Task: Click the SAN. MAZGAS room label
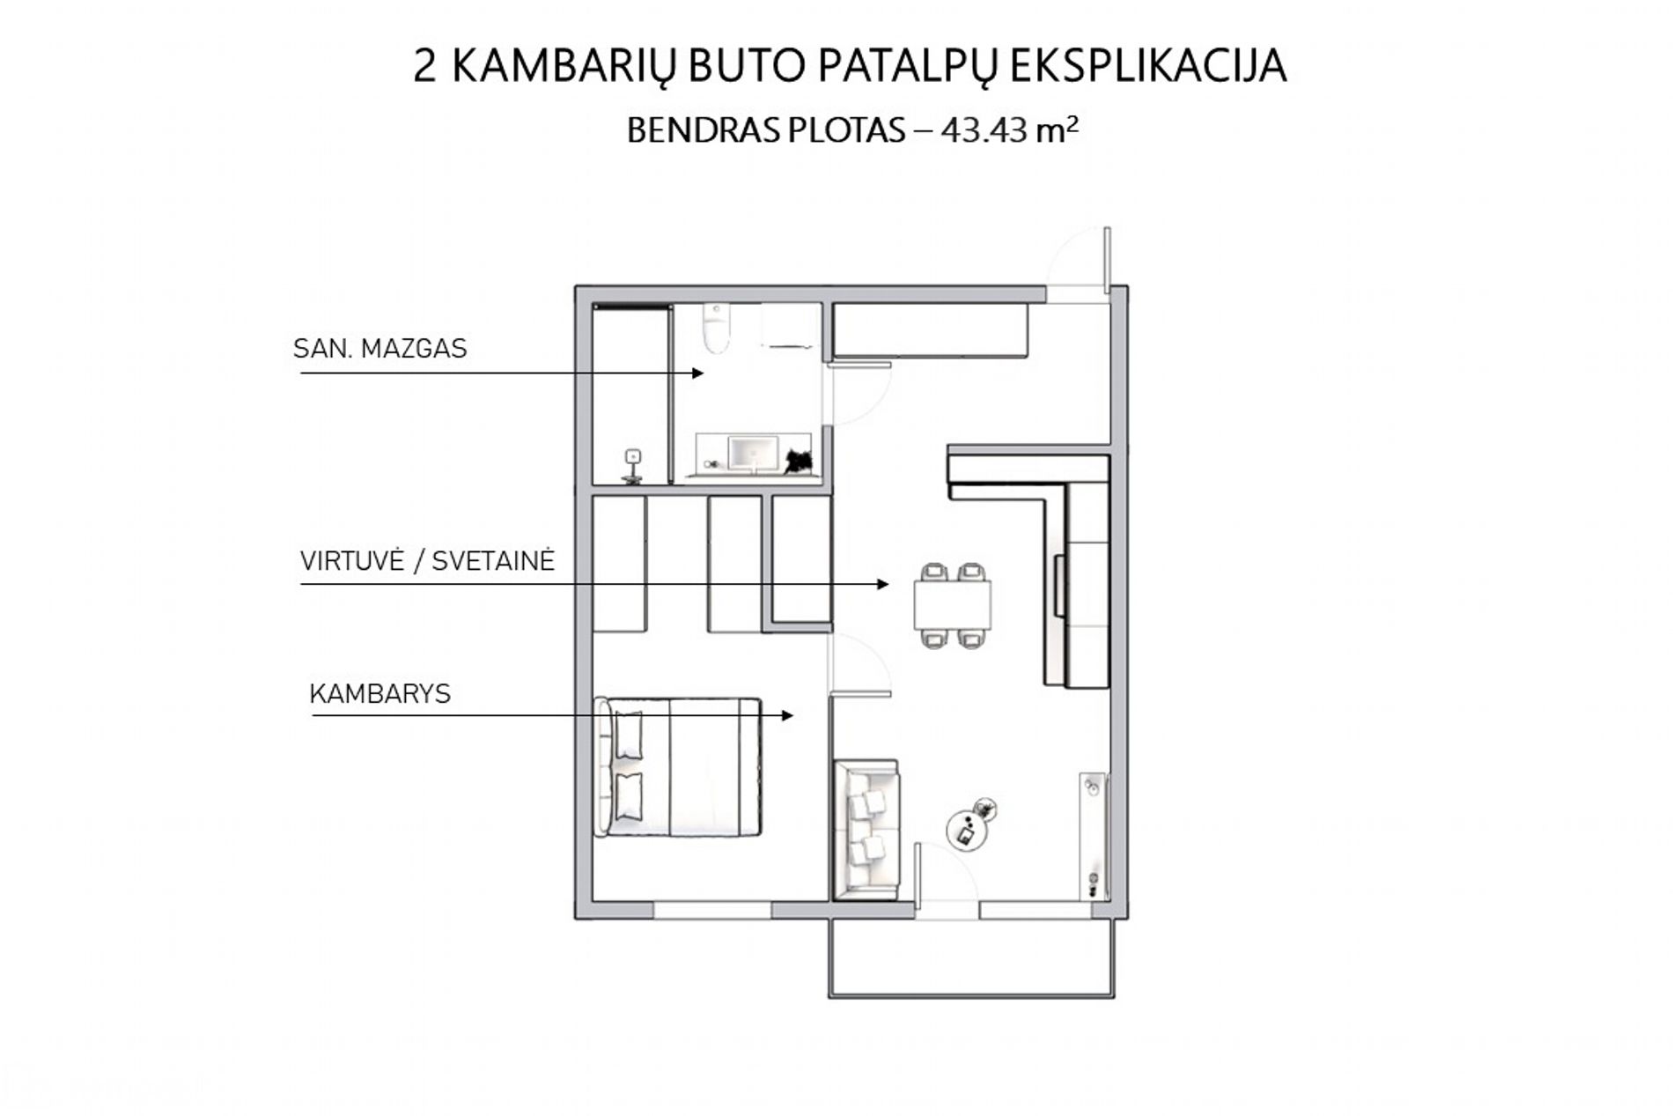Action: point(380,349)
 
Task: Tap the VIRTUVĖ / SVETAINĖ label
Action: point(427,561)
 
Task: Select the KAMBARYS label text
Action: point(380,694)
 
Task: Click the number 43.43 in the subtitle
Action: point(984,130)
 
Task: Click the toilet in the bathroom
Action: point(717,328)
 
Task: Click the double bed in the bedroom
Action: point(678,767)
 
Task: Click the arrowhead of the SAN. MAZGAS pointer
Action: point(697,373)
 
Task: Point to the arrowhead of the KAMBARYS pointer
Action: point(787,716)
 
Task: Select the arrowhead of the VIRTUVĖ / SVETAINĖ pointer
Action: point(882,584)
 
